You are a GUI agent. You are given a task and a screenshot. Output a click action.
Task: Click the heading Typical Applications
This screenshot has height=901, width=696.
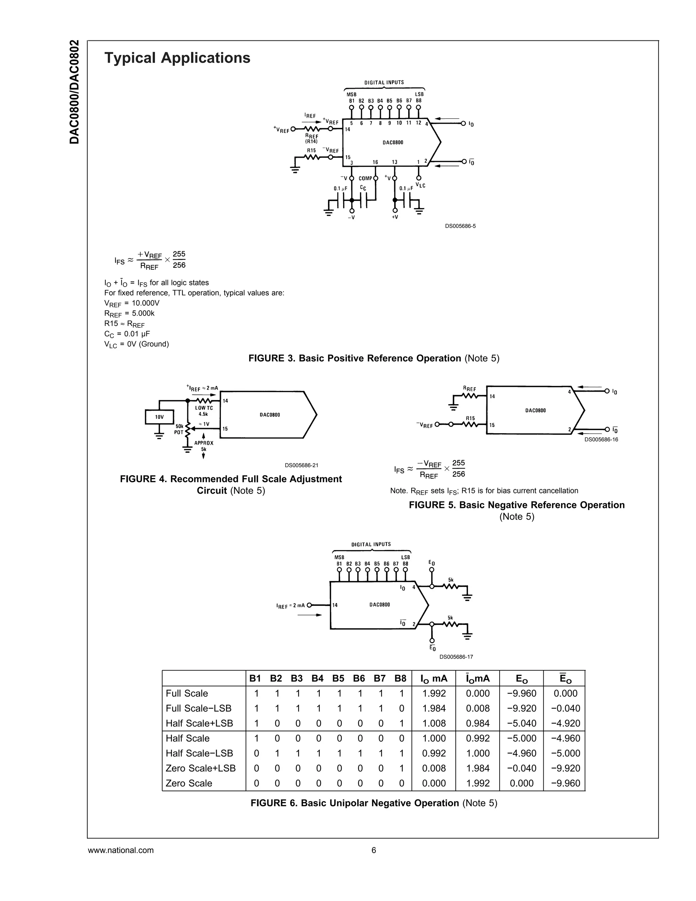click(177, 58)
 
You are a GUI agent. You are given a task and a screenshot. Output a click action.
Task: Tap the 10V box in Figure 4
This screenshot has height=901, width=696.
click(159, 417)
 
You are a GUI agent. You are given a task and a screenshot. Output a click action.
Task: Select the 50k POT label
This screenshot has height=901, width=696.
click(179, 429)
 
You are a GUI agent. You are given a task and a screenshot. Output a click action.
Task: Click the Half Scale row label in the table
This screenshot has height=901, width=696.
click(188, 738)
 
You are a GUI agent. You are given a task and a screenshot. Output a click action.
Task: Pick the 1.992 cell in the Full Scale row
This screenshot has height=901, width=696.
click(434, 694)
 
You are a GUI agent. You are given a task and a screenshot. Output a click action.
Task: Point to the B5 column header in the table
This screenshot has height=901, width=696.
click(338, 678)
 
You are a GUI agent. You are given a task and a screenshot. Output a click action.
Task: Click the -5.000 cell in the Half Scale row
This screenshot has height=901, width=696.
click(522, 738)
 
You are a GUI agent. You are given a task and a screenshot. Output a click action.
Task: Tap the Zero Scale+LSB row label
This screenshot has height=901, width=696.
click(201, 768)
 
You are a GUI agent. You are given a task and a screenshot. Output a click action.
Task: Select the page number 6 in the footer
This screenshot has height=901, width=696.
click(373, 850)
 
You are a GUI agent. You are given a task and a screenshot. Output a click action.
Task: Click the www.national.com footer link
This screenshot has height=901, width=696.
click(121, 850)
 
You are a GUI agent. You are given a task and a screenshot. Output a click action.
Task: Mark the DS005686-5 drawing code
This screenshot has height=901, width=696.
click(460, 226)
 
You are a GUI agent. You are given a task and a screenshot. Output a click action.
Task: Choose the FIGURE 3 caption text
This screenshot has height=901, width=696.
click(373, 358)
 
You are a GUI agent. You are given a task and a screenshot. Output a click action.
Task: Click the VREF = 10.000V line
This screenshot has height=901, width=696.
click(132, 303)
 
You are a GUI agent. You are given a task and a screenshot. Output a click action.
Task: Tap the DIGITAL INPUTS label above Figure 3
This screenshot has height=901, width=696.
click(384, 83)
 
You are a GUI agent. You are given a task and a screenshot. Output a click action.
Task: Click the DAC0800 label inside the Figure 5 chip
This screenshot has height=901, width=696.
click(535, 410)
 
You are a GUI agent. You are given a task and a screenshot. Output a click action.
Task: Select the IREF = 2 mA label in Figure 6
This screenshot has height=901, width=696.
click(290, 606)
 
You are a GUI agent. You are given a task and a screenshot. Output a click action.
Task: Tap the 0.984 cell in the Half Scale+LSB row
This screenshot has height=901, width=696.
click(477, 723)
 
